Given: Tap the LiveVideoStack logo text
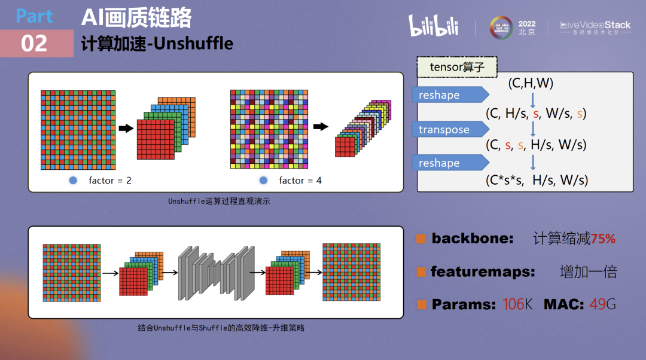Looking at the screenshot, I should tap(595, 25).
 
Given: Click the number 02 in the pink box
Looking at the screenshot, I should tap(34, 44).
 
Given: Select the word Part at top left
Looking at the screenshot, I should tap(34, 16).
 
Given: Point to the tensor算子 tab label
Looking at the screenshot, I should tap(457, 67).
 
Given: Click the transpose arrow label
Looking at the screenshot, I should tap(444, 130).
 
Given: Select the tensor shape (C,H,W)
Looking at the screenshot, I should tap(531, 83).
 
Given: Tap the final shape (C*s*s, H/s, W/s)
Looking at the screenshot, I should tap(537, 179).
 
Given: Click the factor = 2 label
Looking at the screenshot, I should tap(109, 180).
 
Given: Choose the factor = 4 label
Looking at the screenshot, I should tap(300, 180).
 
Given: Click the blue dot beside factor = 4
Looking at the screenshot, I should tap(263, 180).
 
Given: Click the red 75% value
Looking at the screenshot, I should tap(603, 239).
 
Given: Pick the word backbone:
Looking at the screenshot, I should tap(473, 239).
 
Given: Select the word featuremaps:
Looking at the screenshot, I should tap(483, 272).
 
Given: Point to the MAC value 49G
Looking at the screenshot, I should tap(602, 304).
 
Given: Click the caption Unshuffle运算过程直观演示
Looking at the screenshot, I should tap(219, 202).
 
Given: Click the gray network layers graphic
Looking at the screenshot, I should tap(216, 272).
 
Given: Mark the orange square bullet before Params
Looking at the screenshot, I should tap(422, 305).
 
